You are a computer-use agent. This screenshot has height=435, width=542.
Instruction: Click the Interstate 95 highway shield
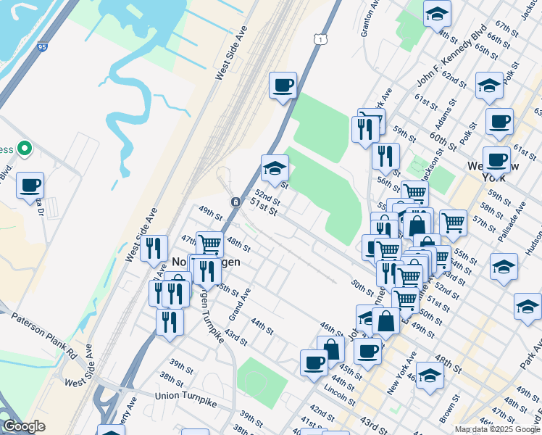[43, 47]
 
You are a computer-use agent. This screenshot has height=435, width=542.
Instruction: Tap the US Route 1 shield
[319, 38]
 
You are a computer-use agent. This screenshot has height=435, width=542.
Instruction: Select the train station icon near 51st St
[235, 202]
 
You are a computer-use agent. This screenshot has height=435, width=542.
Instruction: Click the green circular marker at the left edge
[24, 149]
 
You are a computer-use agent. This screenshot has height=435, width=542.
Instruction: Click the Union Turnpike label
[186, 396]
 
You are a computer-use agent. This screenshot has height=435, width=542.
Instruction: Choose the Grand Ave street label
[240, 304]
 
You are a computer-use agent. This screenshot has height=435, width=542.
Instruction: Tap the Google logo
[24, 426]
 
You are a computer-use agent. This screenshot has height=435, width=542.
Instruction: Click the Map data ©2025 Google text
[497, 429]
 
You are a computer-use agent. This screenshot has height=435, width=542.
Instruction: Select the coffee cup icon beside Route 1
[283, 86]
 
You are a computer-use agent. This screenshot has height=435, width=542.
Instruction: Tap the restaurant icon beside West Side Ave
[154, 247]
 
